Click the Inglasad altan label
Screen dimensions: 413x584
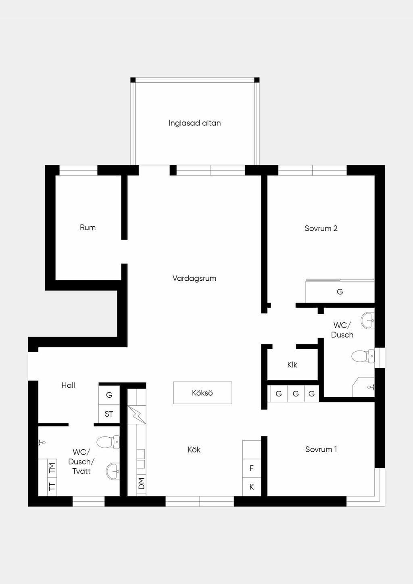click(x=194, y=123)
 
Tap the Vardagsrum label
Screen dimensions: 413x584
click(x=194, y=278)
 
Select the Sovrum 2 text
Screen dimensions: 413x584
click(x=321, y=228)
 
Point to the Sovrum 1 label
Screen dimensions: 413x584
click(x=321, y=449)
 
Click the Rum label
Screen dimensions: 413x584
click(x=88, y=227)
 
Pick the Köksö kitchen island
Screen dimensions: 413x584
click(x=202, y=393)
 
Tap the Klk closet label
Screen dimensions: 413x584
click(x=292, y=365)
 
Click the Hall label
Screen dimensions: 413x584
click(x=68, y=385)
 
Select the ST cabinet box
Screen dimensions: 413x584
click(x=109, y=414)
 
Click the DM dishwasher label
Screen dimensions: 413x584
click(x=141, y=484)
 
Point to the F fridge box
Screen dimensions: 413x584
click(x=252, y=468)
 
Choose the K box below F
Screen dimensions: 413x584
click(x=252, y=487)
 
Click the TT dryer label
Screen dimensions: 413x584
click(x=52, y=486)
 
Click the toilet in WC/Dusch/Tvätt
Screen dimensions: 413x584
click(x=108, y=442)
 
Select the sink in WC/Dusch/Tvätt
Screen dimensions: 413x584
click(x=113, y=471)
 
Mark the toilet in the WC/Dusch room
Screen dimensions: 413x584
click(x=363, y=356)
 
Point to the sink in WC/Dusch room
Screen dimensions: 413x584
click(x=368, y=320)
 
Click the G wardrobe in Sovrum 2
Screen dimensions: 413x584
click(x=340, y=291)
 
